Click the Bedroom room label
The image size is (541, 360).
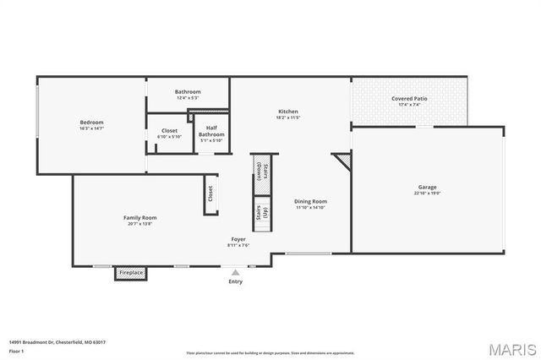point(91,123)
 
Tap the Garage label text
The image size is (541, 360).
point(428,187)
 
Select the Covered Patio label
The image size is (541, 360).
point(409,98)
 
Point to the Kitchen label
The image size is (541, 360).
point(288,112)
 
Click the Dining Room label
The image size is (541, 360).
point(310,201)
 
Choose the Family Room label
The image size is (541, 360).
point(139,217)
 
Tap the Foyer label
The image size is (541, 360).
point(238,239)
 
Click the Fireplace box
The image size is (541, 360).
point(130,273)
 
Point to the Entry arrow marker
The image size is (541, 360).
point(236,272)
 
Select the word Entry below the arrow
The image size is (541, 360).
point(236,281)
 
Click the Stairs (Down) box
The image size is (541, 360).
point(261,172)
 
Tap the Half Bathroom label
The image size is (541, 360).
point(211,131)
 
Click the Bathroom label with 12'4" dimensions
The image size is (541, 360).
point(188,91)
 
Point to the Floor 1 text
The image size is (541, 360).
point(17,350)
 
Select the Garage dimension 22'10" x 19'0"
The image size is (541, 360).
point(428,193)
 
